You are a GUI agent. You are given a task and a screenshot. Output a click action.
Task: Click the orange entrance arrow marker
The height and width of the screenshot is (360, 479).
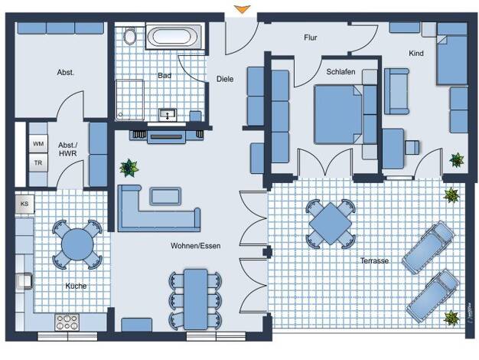coord(243,9)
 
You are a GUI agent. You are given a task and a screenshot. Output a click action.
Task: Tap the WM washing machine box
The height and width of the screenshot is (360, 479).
coord(38,143)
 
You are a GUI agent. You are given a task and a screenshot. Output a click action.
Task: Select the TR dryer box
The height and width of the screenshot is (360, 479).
coord(38,162)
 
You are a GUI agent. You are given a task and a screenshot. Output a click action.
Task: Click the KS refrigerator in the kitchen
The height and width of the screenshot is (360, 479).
coord(24,204)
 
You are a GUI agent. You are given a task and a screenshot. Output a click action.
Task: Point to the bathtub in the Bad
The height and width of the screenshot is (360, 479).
coord(174,37)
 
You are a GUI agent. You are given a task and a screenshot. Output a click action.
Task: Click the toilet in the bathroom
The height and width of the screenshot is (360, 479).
coord(130,36)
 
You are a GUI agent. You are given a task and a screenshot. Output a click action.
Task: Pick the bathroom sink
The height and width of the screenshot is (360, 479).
coord(168,115)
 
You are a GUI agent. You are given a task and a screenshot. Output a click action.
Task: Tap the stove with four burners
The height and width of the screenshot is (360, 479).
coord(67,322)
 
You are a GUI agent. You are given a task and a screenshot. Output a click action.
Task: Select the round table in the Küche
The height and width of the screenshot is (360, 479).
coord(77,244)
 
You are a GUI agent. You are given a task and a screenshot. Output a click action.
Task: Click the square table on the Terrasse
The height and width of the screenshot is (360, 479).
coord(331,224)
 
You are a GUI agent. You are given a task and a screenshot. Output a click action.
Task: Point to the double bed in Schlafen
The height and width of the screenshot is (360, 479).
coord(338,114)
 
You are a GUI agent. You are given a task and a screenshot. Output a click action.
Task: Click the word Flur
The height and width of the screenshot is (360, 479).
coord(311,38)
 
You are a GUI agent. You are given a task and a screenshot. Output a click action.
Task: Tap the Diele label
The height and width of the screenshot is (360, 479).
coord(225,79)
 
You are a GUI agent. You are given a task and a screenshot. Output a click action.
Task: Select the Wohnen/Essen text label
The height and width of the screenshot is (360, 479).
coord(196,246)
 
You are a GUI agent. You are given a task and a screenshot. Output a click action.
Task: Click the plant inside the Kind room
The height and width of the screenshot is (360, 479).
coord(456,160)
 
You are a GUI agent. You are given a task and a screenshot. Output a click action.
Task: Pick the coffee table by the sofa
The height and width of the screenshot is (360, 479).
coord(165,196)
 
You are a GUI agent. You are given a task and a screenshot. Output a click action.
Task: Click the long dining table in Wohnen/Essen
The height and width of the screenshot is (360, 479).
coord(196,299)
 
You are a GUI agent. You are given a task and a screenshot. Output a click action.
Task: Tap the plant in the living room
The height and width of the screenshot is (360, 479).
coord(129,168)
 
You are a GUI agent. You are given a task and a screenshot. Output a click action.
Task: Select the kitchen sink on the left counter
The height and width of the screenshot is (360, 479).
coord(24,281)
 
